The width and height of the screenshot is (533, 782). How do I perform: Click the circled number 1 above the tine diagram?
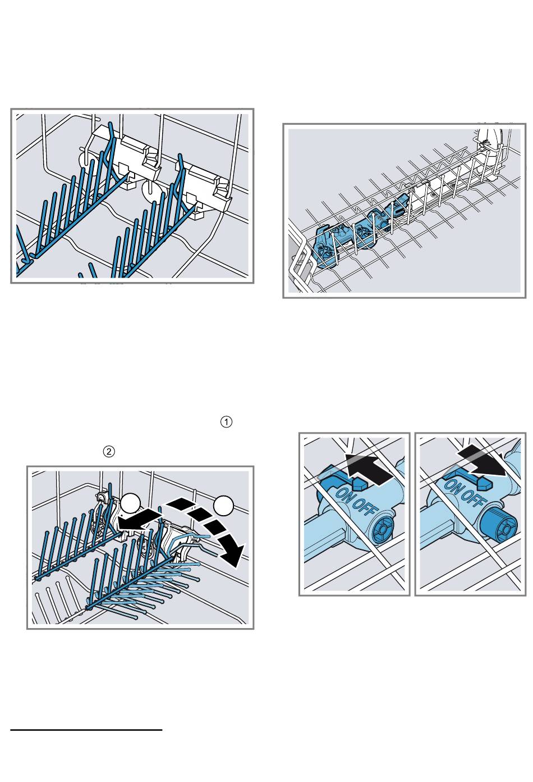[226, 422]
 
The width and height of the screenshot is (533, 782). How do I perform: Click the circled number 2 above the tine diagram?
[109, 451]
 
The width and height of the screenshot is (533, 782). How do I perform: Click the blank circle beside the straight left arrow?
[130, 503]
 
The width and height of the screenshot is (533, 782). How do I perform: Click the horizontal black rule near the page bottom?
[86, 730]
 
